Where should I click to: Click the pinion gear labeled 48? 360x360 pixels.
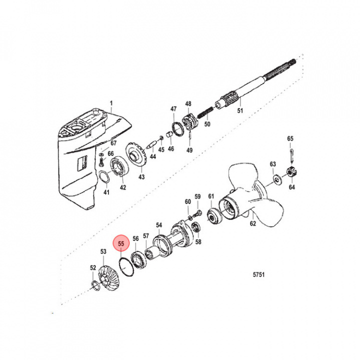tap(189, 122)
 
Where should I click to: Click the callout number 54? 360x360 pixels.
tap(159, 225)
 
